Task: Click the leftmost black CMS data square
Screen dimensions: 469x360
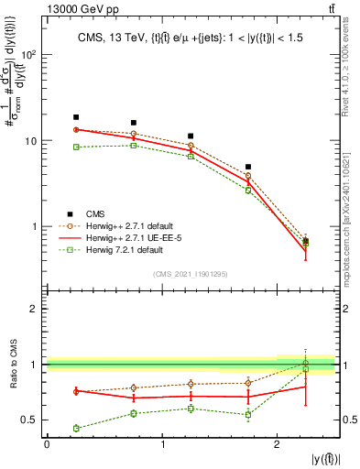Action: point(76,117)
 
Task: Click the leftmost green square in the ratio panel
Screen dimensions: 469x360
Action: point(76,428)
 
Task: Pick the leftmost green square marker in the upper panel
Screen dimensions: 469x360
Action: point(76,147)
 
